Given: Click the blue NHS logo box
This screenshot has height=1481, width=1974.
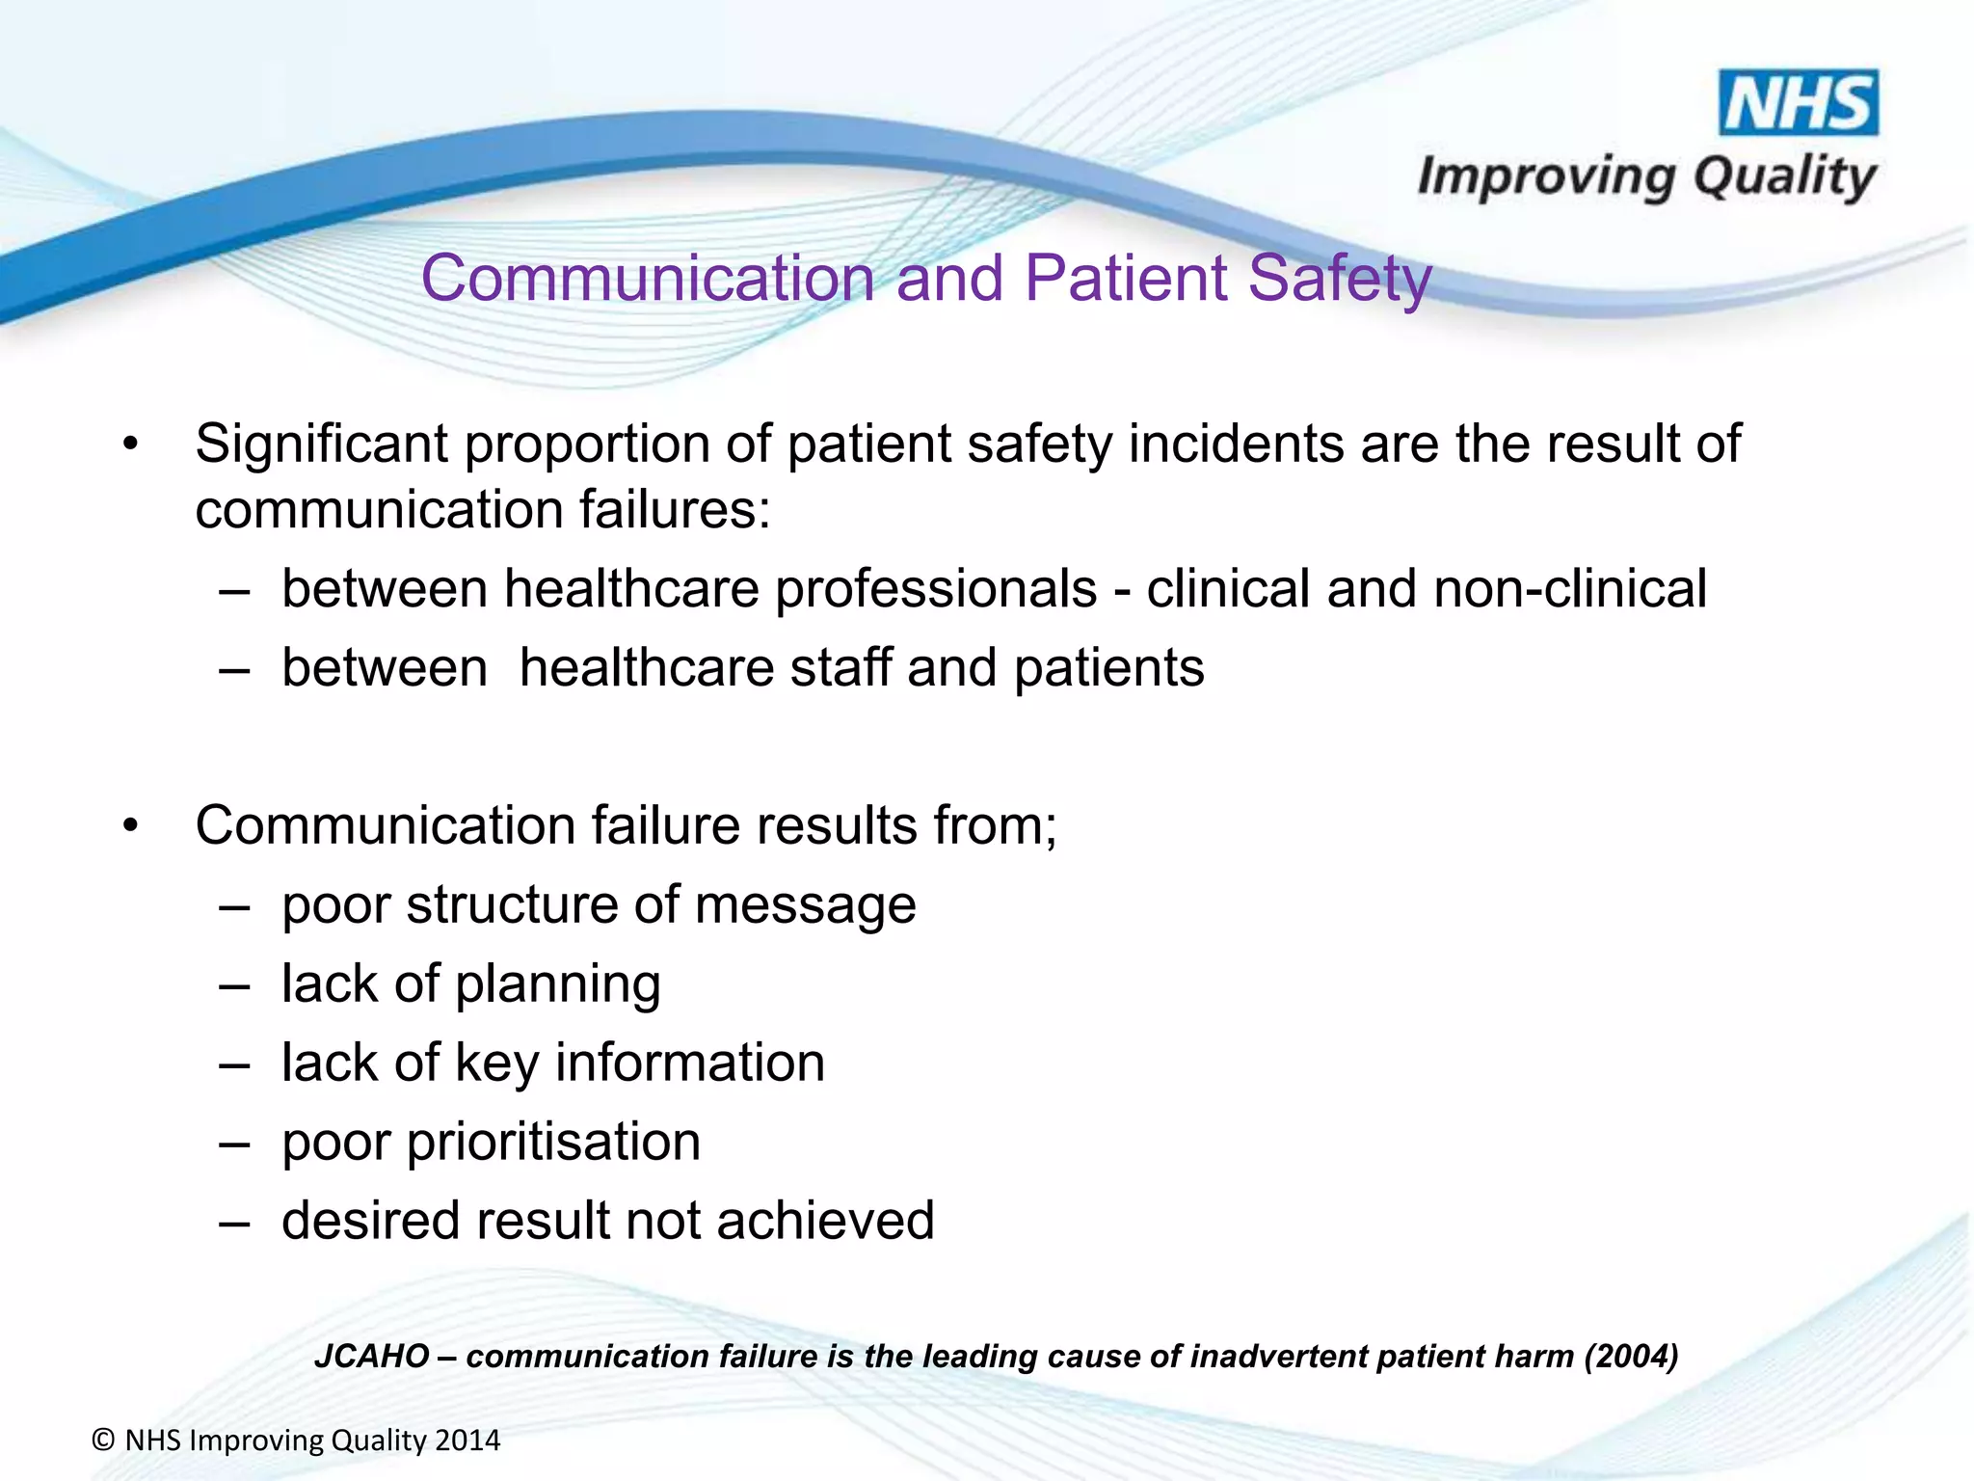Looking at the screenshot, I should [x=1799, y=102].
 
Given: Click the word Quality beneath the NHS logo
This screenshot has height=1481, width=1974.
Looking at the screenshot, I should [x=1784, y=178].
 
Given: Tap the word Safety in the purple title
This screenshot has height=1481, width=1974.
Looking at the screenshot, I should [x=1339, y=280].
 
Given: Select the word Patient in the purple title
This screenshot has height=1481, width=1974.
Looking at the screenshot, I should [x=1124, y=279].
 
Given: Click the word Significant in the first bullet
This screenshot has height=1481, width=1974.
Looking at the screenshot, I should [x=321, y=444].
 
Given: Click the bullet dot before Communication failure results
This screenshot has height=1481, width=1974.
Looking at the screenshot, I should [x=131, y=826].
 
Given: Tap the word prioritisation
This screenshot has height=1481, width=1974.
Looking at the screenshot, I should [x=553, y=1144].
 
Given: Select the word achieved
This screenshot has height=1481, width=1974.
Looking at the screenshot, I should [x=825, y=1221].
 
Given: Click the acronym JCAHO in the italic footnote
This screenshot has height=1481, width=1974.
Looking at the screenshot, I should [x=372, y=1357].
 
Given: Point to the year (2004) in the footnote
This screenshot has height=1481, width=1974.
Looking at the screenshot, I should [x=1631, y=1357].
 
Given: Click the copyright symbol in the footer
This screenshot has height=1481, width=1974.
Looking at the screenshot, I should [x=103, y=1441].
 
